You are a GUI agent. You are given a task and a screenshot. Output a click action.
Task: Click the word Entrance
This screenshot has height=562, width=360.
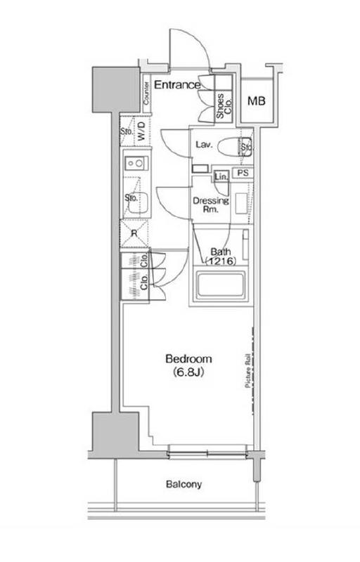coord(177,85)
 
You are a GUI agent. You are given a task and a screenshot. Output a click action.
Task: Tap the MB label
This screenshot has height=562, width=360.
coord(257,101)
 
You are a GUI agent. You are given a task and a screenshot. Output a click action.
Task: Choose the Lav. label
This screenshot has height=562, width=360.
coord(205,145)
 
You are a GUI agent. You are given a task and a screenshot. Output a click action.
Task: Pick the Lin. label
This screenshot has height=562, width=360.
coord(220,176)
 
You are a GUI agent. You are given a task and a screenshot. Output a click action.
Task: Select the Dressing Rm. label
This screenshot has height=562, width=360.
coord(211,204)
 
